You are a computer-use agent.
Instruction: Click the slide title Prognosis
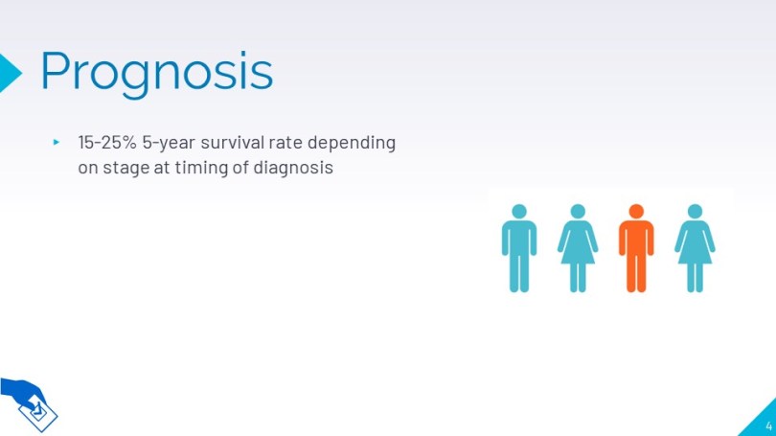point(156,73)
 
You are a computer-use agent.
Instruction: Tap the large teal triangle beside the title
point(10,73)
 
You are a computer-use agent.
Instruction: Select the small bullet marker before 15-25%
point(57,142)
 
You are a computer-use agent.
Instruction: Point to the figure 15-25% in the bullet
point(107,142)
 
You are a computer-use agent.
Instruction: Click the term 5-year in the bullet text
point(169,143)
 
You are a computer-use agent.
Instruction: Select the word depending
point(352,143)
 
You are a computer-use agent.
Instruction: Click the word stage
point(126,169)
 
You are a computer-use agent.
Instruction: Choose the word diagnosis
point(293,168)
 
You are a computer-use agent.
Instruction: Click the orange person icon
point(636,248)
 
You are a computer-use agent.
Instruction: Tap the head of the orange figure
point(636,212)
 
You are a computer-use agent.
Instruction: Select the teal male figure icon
point(519,248)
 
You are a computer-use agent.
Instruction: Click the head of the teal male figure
point(519,212)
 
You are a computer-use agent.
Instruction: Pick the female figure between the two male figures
point(578,248)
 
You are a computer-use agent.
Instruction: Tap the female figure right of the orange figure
point(695,248)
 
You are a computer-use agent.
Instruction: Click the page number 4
point(768,425)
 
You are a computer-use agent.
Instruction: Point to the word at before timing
point(162,168)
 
